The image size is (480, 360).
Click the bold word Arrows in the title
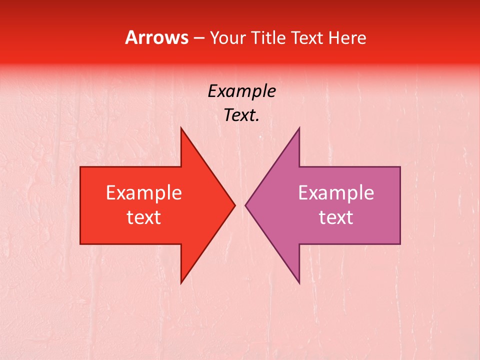[x=156, y=37]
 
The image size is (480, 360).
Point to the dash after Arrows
[x=198, y=38]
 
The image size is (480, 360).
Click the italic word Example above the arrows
[x=241, y=91]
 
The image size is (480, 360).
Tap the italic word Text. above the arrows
[x=241, y=115]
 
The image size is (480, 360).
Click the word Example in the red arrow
[x=144, y=193]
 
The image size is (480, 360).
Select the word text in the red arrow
[x=144, y=217]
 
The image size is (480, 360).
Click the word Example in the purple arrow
[x=336, y=193]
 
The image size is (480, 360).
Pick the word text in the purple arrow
[x=336, y=217]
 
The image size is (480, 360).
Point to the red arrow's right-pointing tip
[x=235, y=205]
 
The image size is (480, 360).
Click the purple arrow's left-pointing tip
[x=245, y=205]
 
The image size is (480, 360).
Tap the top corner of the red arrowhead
[x=181, y=127]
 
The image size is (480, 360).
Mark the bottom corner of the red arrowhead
[x=181, y=283]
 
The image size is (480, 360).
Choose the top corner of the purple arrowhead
[x=299, y=127]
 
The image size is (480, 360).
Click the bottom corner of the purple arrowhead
[x=299, y=283]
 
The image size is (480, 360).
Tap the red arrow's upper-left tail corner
[x=80, y=167]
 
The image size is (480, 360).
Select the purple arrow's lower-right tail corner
[x=400, y=243]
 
